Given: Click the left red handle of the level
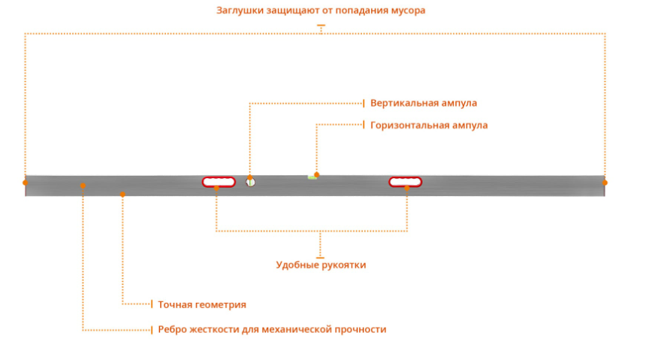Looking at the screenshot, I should [219, 181].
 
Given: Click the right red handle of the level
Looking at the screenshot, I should [405, 181].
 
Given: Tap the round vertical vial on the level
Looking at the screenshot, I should [251, 181].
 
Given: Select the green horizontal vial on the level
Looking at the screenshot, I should [312, 177].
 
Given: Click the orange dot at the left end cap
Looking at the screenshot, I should [25, 182].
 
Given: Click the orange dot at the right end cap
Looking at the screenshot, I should [605, 182].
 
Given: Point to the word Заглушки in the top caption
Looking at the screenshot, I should [239, 11].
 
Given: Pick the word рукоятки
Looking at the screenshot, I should [343, 265].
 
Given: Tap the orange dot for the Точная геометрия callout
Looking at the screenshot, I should [122, 194].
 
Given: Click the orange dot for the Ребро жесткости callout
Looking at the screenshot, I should [83, 185].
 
